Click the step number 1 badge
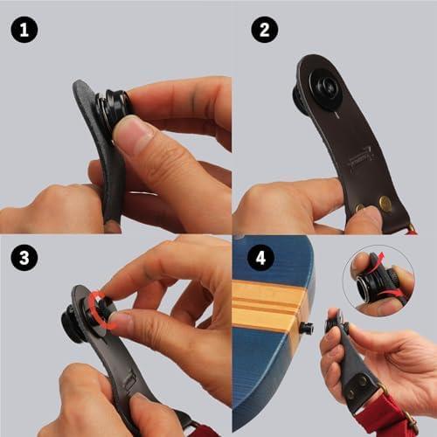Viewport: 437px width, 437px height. (24, 30)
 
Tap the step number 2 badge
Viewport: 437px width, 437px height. (265, 30)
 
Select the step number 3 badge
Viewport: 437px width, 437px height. (24, 258)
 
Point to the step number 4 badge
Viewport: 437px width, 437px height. (260, 258)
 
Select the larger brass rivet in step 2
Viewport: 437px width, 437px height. (385, 202)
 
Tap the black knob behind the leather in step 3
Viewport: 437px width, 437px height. (72, 323)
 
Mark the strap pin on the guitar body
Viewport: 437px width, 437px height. (306, 328)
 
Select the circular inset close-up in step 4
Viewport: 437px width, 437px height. (378, 281)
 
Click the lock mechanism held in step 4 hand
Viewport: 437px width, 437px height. (338, 323)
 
